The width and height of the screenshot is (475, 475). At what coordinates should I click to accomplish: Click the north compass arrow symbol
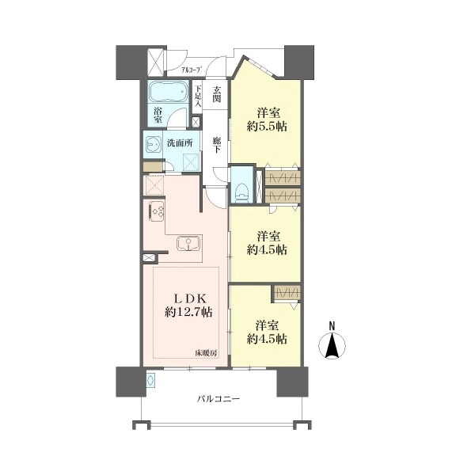tap(332, 345)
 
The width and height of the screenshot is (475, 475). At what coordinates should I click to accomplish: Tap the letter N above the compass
tap(332, 326)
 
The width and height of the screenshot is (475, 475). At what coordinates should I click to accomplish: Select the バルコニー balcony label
tap(218, 399)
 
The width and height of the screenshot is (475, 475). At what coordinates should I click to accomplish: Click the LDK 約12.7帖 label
tap(188, 306)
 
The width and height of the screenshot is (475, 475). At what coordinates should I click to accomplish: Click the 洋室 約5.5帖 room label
tap(267, 120)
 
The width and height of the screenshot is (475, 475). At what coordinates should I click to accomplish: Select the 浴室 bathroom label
tap(158, 115)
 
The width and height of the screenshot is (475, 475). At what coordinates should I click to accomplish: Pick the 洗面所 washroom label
tap(180, 143)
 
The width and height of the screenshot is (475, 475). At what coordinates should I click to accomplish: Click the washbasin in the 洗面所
tap(154, 144)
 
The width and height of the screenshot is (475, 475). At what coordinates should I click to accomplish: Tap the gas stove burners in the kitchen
tap(157, 210)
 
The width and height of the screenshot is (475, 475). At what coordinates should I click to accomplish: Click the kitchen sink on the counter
tap(188, 243)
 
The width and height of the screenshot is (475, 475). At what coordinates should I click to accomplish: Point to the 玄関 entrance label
tap(216, 94)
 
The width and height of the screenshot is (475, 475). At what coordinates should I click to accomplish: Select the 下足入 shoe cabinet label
tap(197, 97)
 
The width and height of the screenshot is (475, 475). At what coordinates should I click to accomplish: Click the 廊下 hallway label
tap(216, 145)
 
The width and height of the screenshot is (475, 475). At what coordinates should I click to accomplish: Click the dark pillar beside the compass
tap(292, 382)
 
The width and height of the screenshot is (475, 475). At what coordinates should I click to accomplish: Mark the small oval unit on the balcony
tap(151, 379)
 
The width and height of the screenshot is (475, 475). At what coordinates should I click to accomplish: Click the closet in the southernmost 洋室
tap(287, 293)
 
